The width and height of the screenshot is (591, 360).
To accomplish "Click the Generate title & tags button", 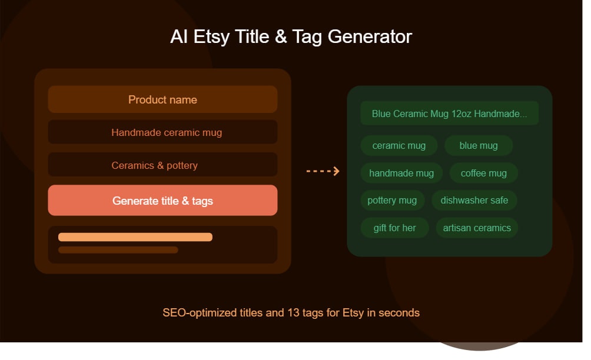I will click(162, 201).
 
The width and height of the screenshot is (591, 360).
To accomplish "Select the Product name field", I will click(162, 99).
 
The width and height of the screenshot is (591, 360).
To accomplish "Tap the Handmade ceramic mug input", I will click(162, 132).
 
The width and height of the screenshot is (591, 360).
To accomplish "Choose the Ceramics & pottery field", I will click(162, 165).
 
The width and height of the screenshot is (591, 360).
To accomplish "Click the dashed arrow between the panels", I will click(323, 171).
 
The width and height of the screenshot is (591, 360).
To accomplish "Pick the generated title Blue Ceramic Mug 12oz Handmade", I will click(449, 114).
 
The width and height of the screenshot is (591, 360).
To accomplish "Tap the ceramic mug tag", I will click(399, 145).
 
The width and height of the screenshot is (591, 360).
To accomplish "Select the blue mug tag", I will click(478, 145).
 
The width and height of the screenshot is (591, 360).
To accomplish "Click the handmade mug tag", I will click(401, 173).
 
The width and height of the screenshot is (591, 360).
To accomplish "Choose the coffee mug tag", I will click(483, 173).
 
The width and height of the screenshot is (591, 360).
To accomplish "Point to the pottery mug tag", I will click(391, 200).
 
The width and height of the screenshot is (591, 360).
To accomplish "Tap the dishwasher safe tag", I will click(474, 200).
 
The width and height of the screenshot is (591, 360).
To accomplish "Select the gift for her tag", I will click(394, 228).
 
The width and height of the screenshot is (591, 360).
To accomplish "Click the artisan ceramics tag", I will click(477, 228).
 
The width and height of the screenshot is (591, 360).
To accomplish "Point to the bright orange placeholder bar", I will click(135, 237).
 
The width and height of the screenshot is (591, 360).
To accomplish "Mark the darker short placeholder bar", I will click(118, 250).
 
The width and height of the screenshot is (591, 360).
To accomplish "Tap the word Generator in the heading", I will click(370, 36).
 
